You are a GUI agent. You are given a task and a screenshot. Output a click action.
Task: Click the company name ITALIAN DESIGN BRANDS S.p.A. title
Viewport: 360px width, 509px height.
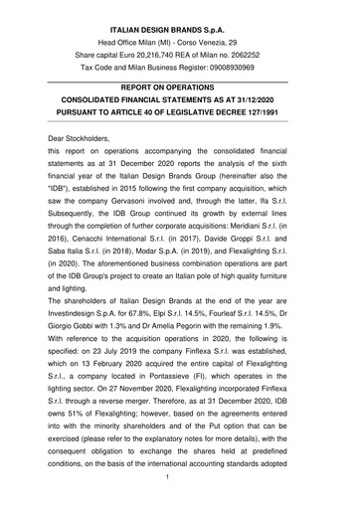179,10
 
